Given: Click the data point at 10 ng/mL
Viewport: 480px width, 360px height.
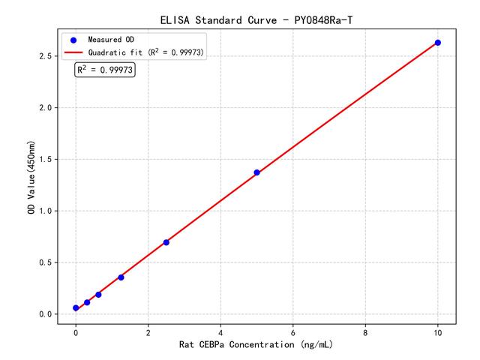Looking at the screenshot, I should (x=438, y=43).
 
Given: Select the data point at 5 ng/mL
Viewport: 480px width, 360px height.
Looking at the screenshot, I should (x=256, y=172).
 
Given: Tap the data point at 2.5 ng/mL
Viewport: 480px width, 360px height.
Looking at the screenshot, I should (x=166, y=242).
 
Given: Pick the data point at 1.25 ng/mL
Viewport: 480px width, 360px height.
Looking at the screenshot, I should (x=121, y=277).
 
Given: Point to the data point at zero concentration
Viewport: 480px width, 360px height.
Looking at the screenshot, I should (x=76, y=307).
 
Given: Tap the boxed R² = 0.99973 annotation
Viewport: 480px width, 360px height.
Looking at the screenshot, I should (x=105, y=70).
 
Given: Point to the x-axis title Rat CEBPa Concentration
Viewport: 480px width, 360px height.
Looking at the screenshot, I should (x=256, y=345).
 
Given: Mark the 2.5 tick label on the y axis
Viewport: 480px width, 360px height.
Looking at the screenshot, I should (x=44, y=56).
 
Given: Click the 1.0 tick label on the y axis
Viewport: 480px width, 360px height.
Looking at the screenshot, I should (x=44, y=211).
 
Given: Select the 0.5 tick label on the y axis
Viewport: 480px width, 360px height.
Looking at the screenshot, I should (x=44, y=262).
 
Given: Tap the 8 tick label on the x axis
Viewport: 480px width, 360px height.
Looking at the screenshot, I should (x=365, y=331).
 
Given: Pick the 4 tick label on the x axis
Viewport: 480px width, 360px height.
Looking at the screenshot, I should (x=220, y=331).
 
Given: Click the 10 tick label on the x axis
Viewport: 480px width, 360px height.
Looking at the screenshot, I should (x=438, y=331).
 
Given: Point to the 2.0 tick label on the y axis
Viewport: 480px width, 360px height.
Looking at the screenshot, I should (x=44, y=108).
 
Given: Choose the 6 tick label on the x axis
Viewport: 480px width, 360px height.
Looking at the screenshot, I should (x=292, y=331).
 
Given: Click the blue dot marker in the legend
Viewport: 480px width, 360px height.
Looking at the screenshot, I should (x=73, y=39).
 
